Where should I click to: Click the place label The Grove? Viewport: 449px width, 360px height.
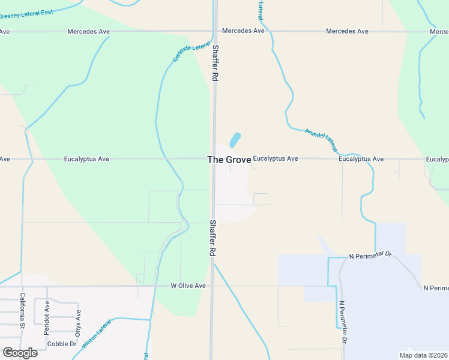pos(229,160)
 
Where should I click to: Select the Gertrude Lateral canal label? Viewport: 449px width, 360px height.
pos(192,52)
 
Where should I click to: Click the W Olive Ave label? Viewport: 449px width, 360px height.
pos(188,286)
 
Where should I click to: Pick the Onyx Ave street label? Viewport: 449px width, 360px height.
pos(78,322)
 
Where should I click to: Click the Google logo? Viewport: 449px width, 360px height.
pos(20,353)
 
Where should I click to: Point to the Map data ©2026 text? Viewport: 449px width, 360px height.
pos(423,355)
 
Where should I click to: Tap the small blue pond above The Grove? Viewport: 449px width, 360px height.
pos(235,140)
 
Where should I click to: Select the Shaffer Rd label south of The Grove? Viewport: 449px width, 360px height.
pos(212,238)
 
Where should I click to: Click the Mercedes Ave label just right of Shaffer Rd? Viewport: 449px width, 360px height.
pos(243,31)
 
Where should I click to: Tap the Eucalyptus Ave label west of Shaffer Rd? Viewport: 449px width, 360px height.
pos(86,159)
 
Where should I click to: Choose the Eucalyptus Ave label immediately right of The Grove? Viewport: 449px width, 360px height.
pos(275,159)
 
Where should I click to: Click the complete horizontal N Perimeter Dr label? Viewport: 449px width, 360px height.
pos(370,256)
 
